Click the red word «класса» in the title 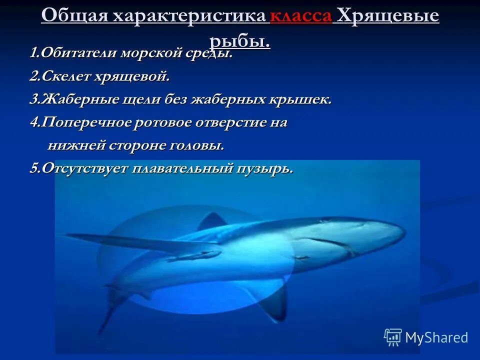(x=300, y=16)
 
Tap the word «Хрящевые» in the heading (x=388, y=16)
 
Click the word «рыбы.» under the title (x=239, y=40)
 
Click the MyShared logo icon (x=392, y=337)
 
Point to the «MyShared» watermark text (x=436, y=337)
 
